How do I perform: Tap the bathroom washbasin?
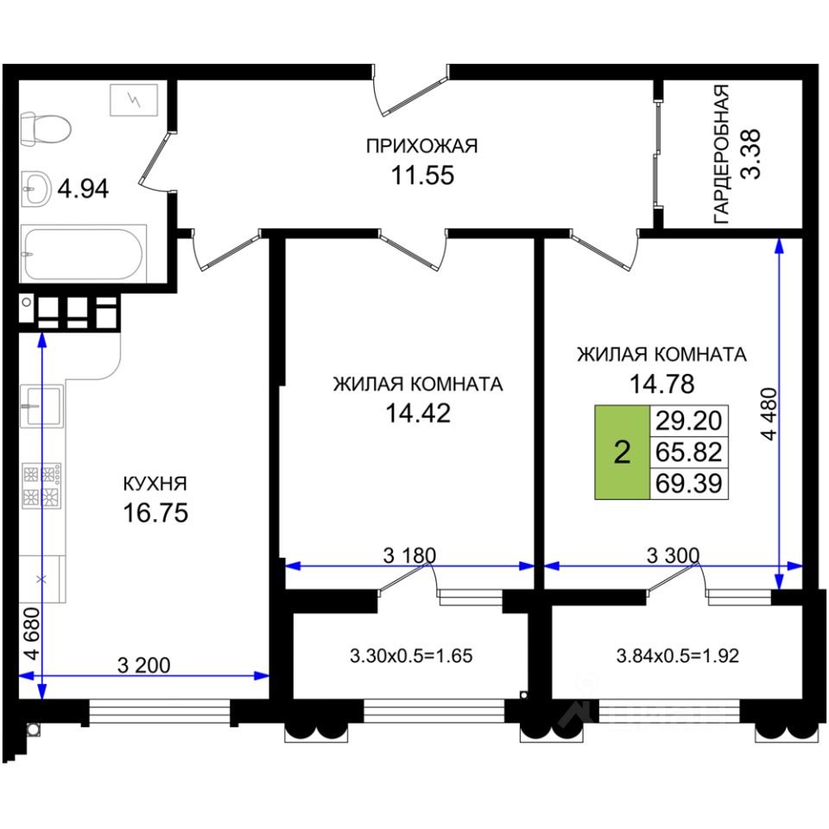click(x=35, y=187)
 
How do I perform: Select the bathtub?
click(x=84, y=253)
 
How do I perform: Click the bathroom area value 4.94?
click(x=83, y=187)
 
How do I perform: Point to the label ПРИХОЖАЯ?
click(x=421, y=146)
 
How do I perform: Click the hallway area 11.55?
click(x=421, y=176)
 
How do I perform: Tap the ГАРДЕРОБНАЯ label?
click(x=722, y=155)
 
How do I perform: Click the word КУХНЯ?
click(x=155, y=484)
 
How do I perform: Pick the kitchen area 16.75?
click(x=155, y=513)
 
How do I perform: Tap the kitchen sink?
click(x=41, y=405)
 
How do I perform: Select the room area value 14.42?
click(x=418, y=414)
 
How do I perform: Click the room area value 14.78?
click(x=661, y=383)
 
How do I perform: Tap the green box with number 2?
click(x=622, y=452)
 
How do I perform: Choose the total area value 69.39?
click(x=688, y=483)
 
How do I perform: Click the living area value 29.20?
click(x=688, y=421)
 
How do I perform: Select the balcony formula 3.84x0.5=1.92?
click(x=679, y=655)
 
